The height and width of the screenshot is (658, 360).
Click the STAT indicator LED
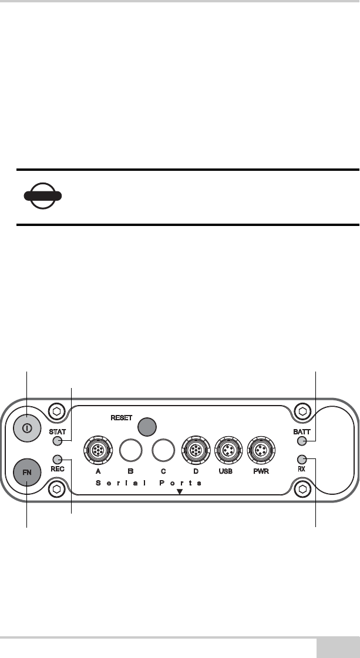tap(57, 441)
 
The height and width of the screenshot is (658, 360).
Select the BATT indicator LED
tap(302, 441)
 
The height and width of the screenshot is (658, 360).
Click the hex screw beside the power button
tap(56, 410)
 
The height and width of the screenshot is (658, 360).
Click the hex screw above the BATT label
tap(302, 410)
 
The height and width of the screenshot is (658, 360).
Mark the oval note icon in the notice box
tap(43, 196)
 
